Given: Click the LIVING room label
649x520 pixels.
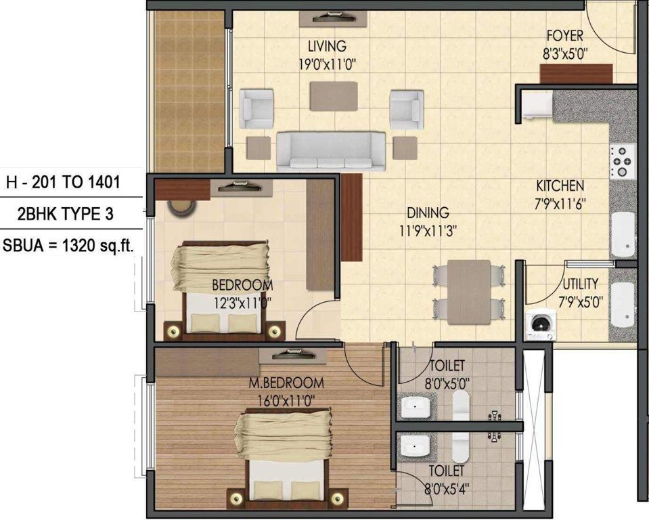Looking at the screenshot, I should click(x=327, y=47).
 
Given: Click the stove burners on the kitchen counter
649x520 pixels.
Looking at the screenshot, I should click(x=622, y=161).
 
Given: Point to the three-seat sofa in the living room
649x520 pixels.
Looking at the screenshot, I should click(x=331, y=150).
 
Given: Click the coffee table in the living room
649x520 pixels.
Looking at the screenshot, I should click(x=334, y=96).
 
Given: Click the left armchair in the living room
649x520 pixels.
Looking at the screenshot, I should click(x=256, y=109).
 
